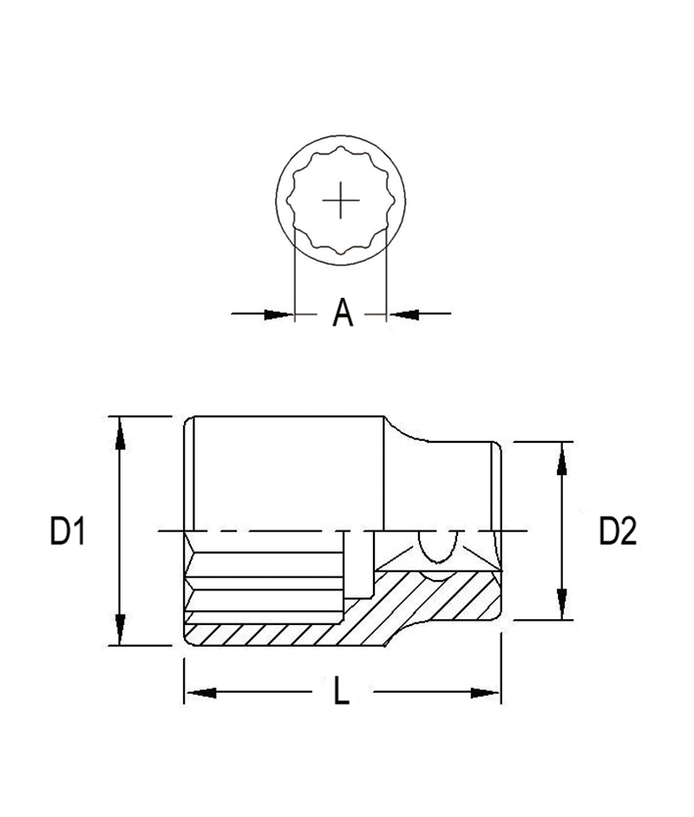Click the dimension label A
[x=343, y=313]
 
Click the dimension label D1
[x=68, y=531]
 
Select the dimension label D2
[x=618, y=531]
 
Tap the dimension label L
[x=341, y=690]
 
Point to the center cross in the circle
[x=340, y=201]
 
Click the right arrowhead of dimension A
[x=404, y=314]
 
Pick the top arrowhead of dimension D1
[x=121, y=433]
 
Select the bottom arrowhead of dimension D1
[x=121, y=629]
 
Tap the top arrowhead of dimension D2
[x=561, y=458]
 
